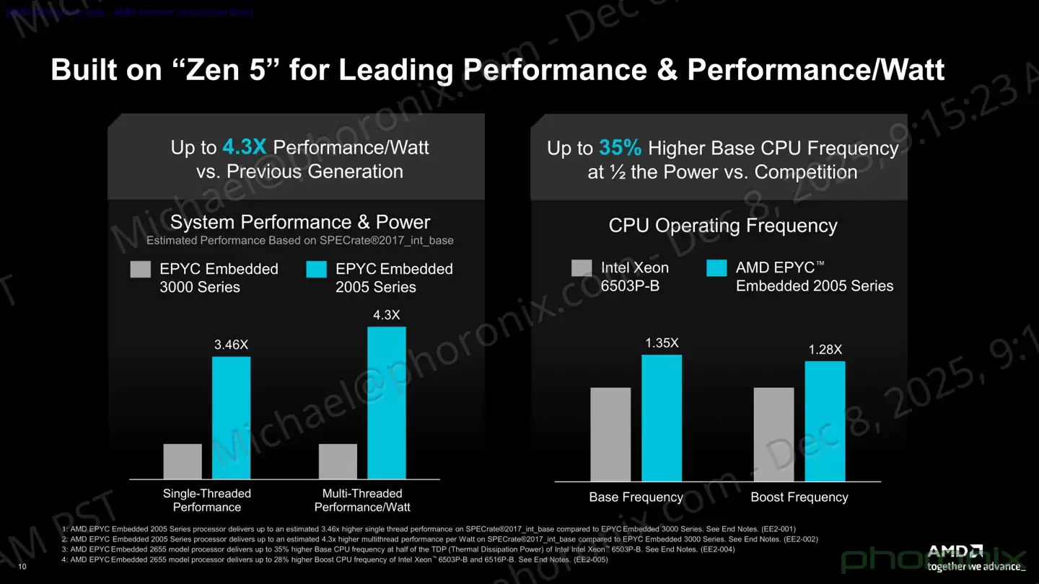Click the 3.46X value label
click(x=231, y=345)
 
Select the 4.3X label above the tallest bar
click(x=386, y=315)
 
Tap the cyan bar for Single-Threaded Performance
click(x=231, y=417)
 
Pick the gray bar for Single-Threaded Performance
click(x=183, y=461)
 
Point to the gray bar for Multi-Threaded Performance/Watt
click(x=338, y=461)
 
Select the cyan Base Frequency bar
click(x=662, y=417)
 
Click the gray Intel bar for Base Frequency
click(x=610, y=434)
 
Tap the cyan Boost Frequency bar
click(x=825, y=421)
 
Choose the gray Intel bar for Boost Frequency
click(x=773, y=434)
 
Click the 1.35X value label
click(x=662, y=343)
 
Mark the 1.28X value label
click(x=825, y=350)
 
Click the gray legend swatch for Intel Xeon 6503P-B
click(x=582, y=269)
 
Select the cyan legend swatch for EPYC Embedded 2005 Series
click(x=317, y=270)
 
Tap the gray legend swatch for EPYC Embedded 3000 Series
click(x=141, y=270)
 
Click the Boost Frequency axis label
click(x=799, y=497)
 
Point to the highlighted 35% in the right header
click(x=620, y=149)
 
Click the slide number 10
click(x=22, y=567)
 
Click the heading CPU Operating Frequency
click(x=723, y=226)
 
